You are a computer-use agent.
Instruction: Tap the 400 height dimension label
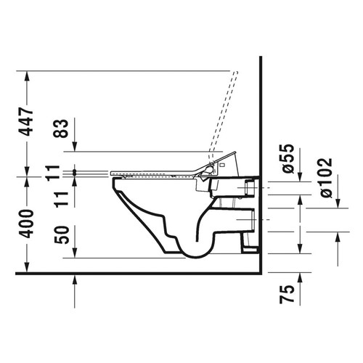(27, 223)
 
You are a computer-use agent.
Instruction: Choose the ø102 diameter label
(325, 177)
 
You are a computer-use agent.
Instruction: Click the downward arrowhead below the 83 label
(76, 148)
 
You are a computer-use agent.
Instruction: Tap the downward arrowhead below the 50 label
(76, 253)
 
